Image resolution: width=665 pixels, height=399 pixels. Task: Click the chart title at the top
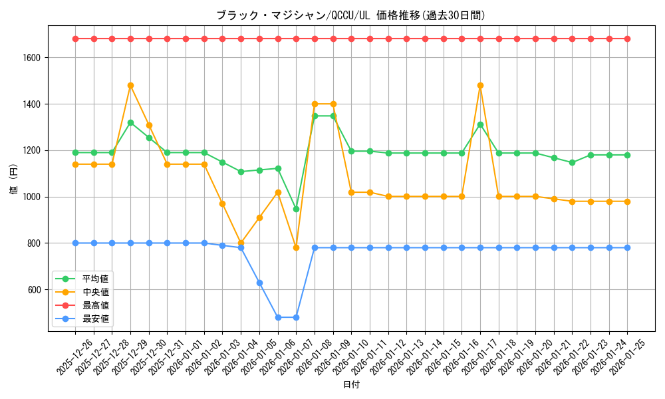tap(350, 15)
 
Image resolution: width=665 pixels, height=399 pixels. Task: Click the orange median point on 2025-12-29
tap(130, 85)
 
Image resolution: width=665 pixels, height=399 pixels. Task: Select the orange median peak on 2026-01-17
tap(480, 85)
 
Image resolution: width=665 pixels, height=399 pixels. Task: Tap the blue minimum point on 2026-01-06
tap(278, 317)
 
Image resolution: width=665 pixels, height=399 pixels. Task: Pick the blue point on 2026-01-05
tap(259, 283)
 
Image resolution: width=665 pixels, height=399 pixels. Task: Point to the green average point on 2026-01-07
tap(296, 209)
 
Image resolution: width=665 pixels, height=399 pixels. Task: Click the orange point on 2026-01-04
tap(241, 243)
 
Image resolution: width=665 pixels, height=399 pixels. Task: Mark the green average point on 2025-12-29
tap(130, 122)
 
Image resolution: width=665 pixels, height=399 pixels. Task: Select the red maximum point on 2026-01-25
tap(627, 39)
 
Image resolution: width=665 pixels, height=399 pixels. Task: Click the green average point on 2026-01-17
tap(480, 124)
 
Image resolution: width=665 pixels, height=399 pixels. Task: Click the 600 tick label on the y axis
tap(35, 290)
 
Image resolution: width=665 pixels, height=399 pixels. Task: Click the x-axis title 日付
tap(351, 385)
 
